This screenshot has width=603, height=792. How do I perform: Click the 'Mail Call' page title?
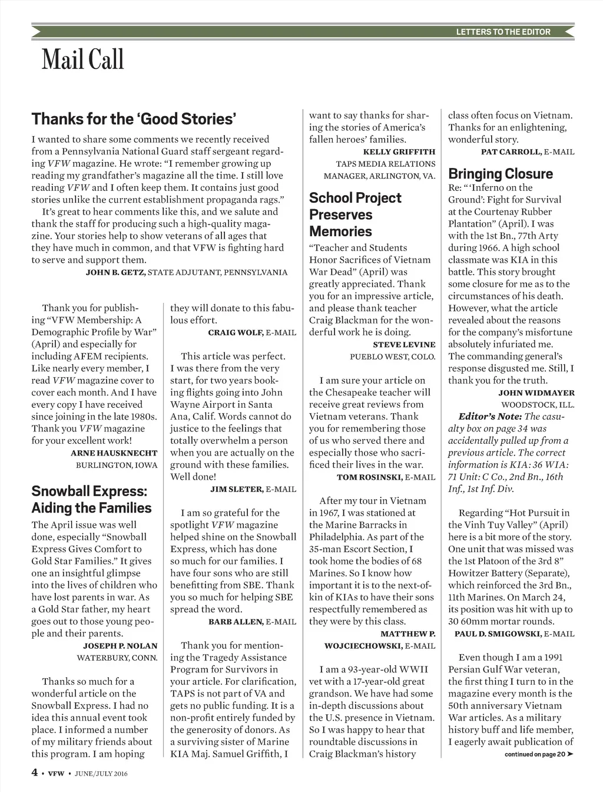83,60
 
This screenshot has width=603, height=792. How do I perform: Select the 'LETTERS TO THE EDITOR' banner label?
503,32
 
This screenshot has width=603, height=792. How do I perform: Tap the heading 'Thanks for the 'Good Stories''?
134,119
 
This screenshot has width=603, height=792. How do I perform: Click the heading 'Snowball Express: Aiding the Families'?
91,500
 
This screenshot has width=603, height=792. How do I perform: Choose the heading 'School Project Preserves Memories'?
355,214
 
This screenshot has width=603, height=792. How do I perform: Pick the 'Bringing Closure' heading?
501,174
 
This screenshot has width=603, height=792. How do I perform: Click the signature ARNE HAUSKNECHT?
114,453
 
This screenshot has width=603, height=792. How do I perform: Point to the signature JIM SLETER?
237,489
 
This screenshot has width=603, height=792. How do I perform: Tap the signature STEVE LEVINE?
405,345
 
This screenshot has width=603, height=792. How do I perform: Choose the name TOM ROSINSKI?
369,477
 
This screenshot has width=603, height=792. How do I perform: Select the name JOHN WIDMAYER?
536,393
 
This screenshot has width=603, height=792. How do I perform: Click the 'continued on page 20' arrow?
569,754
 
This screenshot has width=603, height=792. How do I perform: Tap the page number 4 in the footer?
35,772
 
